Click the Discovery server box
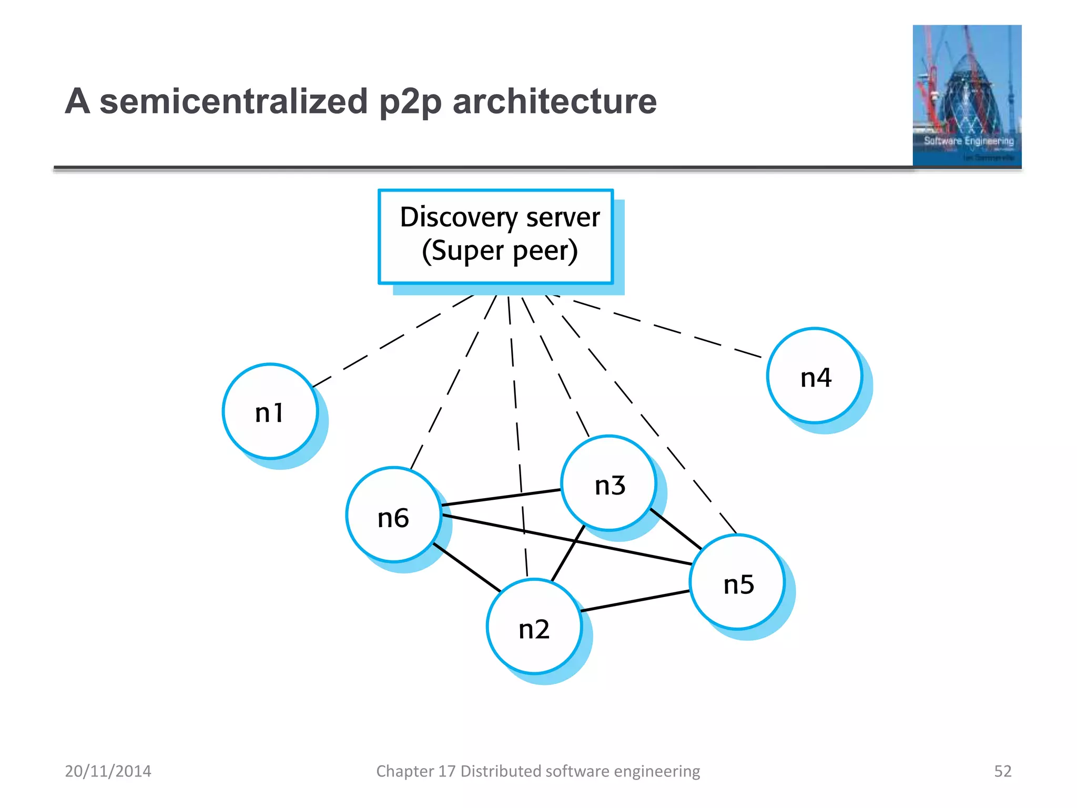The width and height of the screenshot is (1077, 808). point(495,236)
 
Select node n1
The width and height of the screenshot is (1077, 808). point(270,411)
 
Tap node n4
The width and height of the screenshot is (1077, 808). point(815,376)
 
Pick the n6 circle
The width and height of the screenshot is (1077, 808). point(393,514)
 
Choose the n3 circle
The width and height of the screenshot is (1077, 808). point(608,483)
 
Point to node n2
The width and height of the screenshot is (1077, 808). point(534,626)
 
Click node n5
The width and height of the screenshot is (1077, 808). point(737,582)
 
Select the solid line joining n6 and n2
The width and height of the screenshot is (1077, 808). point(467,568)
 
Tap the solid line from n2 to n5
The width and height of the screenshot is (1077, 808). point(635,601)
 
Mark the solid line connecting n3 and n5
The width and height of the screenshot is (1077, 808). point(676,529)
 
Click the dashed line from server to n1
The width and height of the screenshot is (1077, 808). point(392,342)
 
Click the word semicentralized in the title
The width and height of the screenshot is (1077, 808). point(233,101)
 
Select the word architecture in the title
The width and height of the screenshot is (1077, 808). point(554,101)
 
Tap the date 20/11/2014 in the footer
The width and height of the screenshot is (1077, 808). point(108,771)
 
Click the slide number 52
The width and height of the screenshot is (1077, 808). point(1002,771)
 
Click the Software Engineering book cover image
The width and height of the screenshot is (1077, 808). point(967,96)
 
